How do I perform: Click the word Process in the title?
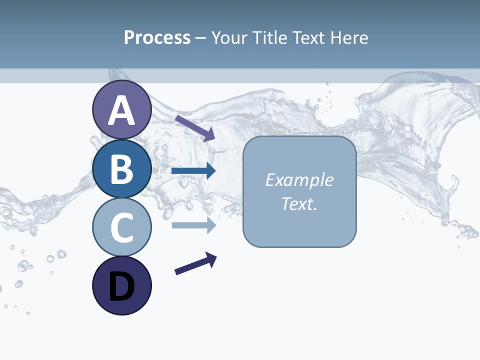(x=157, y=37)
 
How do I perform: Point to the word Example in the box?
(x=299, y=180)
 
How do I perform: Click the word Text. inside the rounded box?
(x=299, y=204)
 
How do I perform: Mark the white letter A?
(x=121, y=110)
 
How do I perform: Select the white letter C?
(x=121, y=228)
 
